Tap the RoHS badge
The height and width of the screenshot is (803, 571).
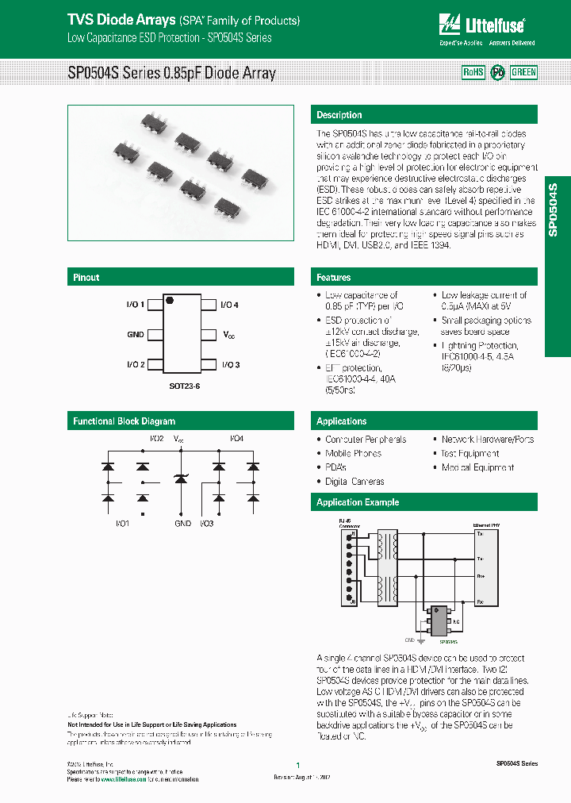(x=473, y=72)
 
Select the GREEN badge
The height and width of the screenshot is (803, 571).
(x=523, y=72)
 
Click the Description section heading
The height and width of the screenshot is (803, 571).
(x=339, y=115)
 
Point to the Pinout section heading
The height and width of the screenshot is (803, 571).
(x=86, y=278)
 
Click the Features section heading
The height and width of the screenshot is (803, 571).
(x=333, y=278)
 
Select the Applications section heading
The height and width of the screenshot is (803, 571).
(x=341, y=421)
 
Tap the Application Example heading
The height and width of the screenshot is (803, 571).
(x=358, y=502)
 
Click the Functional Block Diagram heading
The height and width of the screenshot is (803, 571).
(x=124, y=421)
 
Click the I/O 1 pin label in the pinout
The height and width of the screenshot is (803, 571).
(x=136, y=305)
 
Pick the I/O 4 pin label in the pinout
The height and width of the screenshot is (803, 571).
(x=229, y=305)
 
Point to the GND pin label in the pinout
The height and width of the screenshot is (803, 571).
(x=136, y=335)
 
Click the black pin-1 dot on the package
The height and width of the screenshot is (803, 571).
(x=171, y=301)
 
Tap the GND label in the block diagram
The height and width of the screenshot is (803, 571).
(x=182, y=524)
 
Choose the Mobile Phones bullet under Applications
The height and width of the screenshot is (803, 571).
(x=353, y=454)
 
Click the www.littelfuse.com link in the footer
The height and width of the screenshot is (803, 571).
(x=124, y=779)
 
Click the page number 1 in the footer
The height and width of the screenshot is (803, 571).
(x=297, y=766)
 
